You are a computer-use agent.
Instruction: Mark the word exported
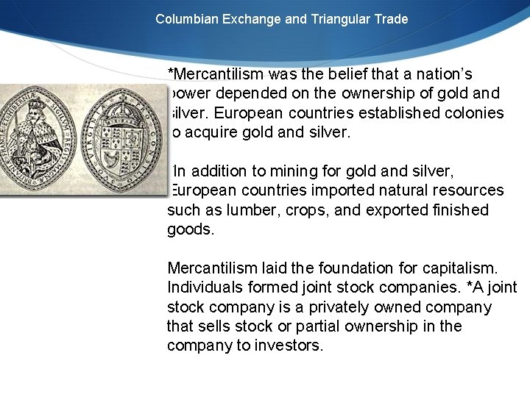[x=396, y=210]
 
